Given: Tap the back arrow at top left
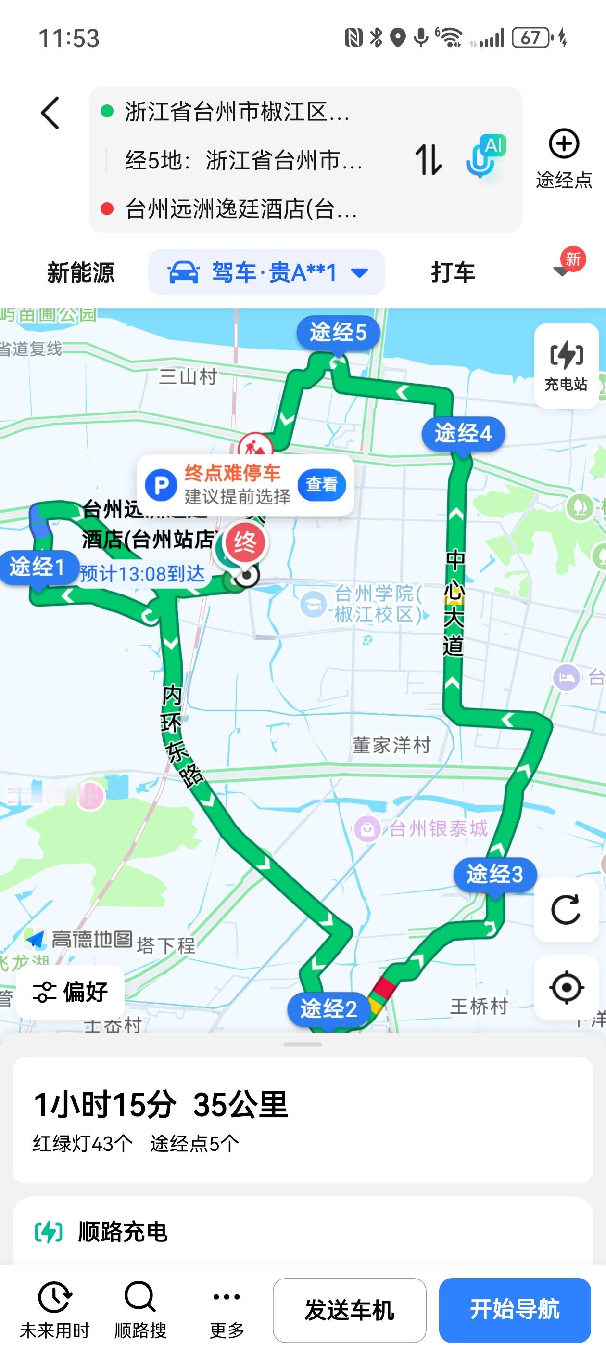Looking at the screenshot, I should [51, 113].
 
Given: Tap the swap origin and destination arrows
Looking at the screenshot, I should [428, 159].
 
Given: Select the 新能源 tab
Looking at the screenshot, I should [81, 272].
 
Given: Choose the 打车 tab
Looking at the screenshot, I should [453, 272].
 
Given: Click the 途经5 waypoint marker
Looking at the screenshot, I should [338, 333].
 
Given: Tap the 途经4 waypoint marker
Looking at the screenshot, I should [463, 434].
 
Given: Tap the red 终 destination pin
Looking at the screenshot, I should [245, 542].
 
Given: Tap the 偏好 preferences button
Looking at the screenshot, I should [71, 992].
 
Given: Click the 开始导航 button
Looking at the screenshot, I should [514, 1309].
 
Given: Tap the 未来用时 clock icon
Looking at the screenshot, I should [55, 1297].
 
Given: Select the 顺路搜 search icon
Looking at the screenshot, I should [140, 1297].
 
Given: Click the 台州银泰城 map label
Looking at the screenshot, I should [438, 828].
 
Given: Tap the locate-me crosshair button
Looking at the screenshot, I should [566, 987].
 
